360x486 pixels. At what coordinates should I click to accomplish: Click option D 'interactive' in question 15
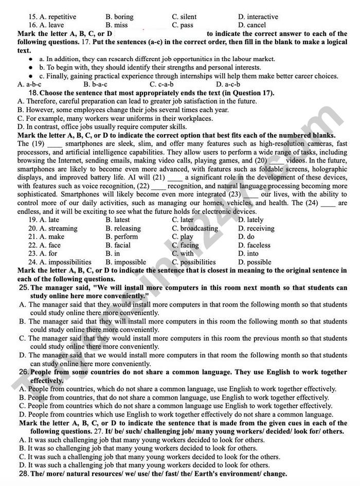click(262, 17)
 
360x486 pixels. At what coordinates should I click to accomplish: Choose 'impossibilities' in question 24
click(69, 262)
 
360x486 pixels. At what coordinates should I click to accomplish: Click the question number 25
click(23, 287)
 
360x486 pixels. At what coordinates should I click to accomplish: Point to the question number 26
click(23, 371)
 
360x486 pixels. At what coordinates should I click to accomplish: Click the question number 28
click(23, 474)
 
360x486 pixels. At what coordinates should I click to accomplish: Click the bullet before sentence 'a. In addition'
click(31, 59)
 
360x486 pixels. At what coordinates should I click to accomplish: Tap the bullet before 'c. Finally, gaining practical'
click(31, 76)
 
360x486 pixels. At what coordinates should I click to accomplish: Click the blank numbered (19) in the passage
click(55, 144)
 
